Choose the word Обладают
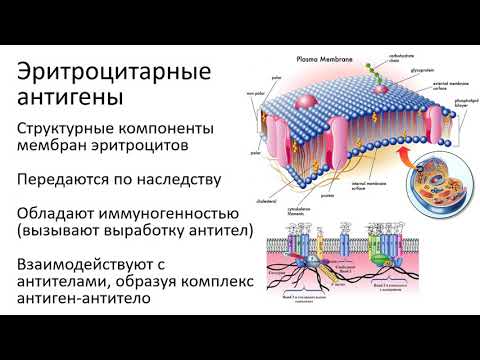pyautogui.click(x=61, y=215)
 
